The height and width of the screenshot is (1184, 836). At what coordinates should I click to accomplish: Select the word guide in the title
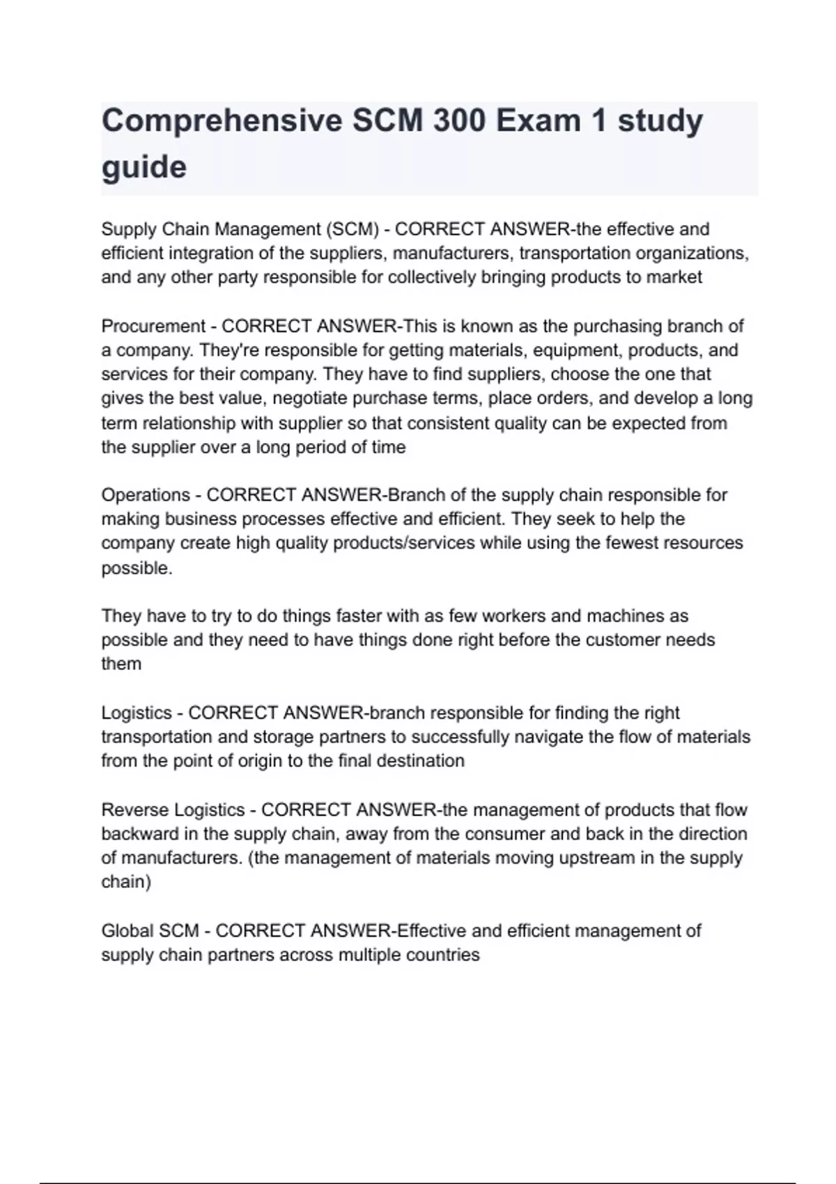[x=144, y=168]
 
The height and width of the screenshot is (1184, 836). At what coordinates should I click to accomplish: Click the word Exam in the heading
[x=538, y=122]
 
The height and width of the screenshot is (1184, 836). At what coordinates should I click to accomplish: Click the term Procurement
[x=153, y=326]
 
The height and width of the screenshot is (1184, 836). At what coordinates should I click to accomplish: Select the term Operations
[x=146, y=495]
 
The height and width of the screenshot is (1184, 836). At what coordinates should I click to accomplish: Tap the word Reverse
[x=134, y=810]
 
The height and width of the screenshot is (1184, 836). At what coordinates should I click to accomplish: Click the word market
[x=674, y=277]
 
